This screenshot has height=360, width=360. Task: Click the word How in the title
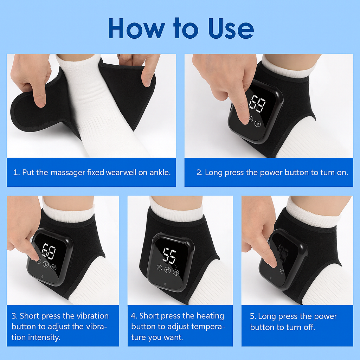pyautogui.click(x=136, y=28)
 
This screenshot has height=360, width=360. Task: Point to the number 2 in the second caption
pyautogui.click(x=199, y=172)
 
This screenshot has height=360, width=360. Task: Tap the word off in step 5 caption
pyautogui.click(x=309, y=327)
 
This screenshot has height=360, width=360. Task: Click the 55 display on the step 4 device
pyautogui.click(x=169, y=255)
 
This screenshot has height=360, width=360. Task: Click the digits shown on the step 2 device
pyautogui.click(x=257, y=104)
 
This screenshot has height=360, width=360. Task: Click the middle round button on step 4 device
pyautogui.click(x=168, y=270)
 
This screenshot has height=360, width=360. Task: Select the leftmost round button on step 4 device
pyautogui.click(x=160, y=268)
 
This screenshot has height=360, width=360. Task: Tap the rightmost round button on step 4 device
pyautogui.click(x=176, y=272)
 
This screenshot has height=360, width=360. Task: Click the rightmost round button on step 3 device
pyautogui.click(x=53, y=267)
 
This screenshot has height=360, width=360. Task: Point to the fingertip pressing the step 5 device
pyautogui.click(x=273, y=264)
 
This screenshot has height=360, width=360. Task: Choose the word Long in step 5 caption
pyautogui.click(x=266, y=316)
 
